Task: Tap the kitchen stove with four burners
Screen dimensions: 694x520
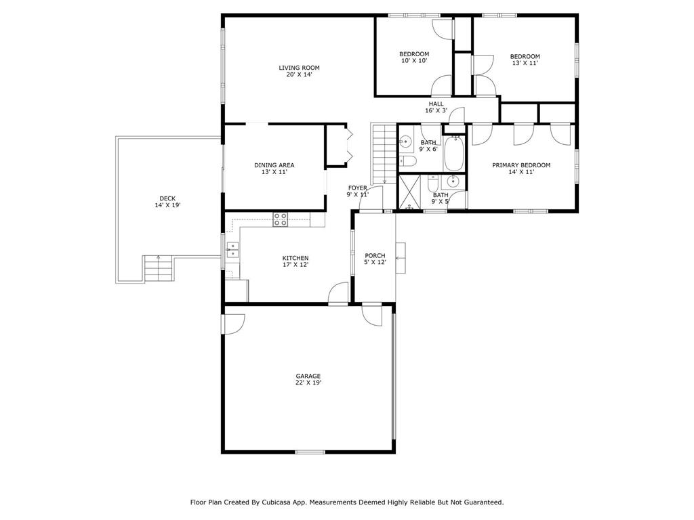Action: [280, 219]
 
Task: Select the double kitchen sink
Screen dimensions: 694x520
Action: [232, 250]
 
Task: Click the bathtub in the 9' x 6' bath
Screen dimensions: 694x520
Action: [453, 154]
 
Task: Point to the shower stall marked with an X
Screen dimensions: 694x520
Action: [409, 192]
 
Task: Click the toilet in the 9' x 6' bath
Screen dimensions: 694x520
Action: [407, 161]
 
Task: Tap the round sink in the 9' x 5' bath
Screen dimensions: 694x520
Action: [452, 181]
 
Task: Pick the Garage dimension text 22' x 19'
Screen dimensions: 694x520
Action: [308, 383]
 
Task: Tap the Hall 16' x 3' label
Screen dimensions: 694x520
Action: [436, 108]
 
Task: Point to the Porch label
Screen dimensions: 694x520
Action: [375, 255]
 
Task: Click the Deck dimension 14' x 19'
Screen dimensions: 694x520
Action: [168, 205]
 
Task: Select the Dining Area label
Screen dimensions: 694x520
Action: [274, 165]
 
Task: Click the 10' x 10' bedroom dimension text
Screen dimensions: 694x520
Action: [414, 60]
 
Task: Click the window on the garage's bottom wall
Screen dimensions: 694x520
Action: [310, 452]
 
